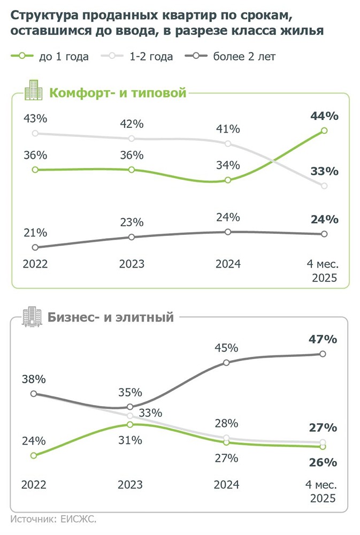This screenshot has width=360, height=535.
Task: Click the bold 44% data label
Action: tap(324, 116)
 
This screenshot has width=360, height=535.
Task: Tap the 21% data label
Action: tap(35, 233)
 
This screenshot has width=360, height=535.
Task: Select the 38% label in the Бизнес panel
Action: tap(34, 379)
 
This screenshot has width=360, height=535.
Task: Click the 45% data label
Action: tap(226, 348)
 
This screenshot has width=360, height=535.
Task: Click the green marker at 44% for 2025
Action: tap(324, 131)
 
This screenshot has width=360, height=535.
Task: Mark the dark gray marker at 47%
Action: tap(323, 354)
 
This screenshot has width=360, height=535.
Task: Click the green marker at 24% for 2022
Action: tap(34, 455)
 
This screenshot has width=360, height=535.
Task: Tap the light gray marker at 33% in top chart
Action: tap(324, 186)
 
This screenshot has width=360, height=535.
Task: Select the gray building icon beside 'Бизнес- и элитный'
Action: tap(32, 316)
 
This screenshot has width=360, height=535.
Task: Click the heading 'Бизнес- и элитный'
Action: tap(111, 317)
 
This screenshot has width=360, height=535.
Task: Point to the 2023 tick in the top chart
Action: tap(131, 264)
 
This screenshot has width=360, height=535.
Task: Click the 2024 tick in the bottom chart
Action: tap(227, 485)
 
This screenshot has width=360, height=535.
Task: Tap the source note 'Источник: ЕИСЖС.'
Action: tap(56, 518)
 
